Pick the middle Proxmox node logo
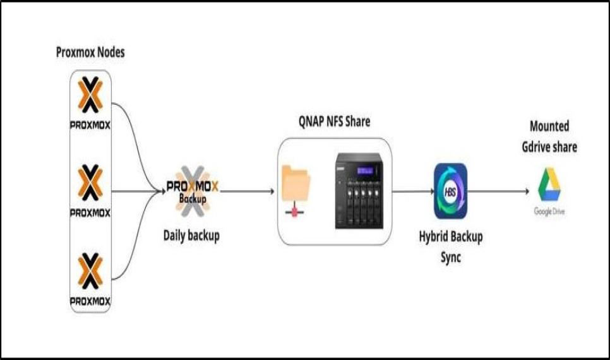90,189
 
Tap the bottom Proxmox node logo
90,279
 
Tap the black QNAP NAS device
359,189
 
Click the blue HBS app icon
450,190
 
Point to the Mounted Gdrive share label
549,136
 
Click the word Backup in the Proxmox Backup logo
193,198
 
